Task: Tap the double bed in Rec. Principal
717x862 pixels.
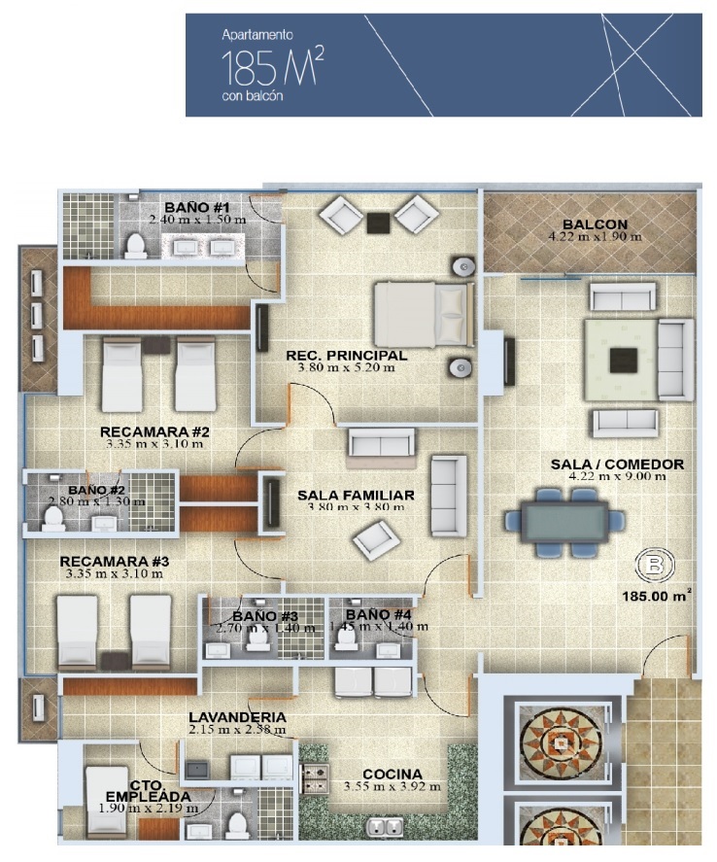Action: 424,314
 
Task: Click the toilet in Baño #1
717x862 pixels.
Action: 135,246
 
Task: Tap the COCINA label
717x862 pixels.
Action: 393,774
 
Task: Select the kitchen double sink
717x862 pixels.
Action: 385,826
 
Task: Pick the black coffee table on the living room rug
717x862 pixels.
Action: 623,361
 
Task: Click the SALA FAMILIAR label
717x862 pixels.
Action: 356,495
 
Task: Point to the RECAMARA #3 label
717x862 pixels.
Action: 115,562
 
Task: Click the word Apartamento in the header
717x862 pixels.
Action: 257,35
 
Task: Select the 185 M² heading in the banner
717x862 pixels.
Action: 272,67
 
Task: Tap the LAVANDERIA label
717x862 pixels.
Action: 237,717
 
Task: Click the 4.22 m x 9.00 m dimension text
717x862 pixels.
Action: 617,476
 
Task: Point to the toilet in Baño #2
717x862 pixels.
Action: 53,517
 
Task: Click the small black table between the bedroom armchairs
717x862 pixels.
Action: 378,223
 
